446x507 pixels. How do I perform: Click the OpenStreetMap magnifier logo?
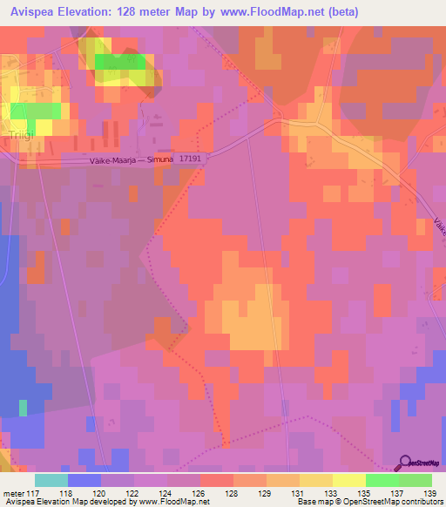click(x=405, y=463)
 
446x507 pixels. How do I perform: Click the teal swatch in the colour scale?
click(x=51, y=480)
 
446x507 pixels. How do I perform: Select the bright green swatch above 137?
click(x=382, y=480)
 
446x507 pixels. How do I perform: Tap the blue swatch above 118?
click(x=84, y=480)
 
